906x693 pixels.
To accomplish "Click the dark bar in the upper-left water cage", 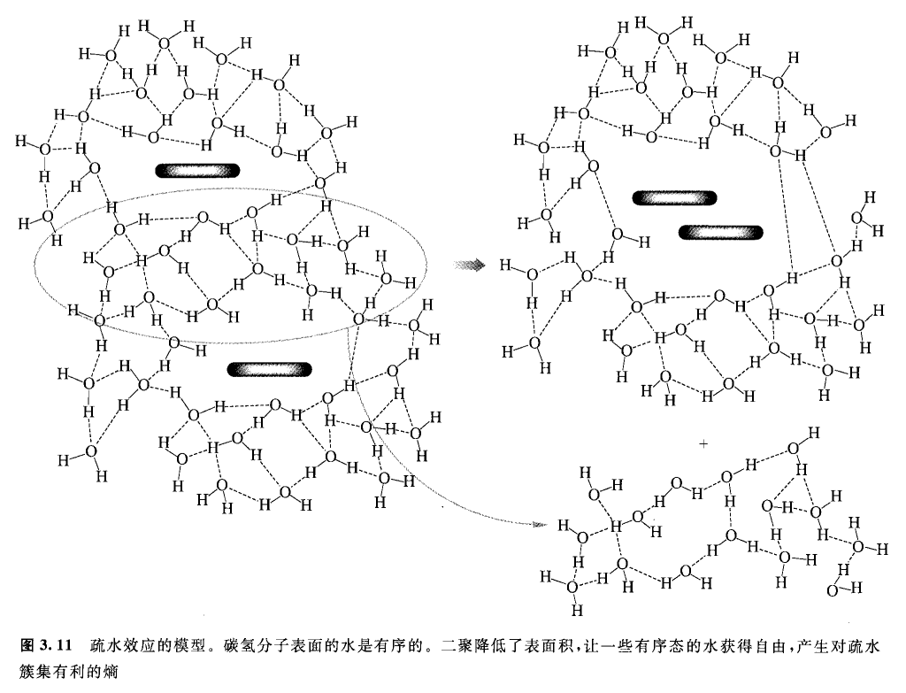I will click(x=198, y=171).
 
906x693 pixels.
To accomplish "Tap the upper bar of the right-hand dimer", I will click(x=673, y=199).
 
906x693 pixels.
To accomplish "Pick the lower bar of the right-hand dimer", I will click(x=720, y=232).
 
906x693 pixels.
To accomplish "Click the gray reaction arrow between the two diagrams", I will click(x=471, y=264).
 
